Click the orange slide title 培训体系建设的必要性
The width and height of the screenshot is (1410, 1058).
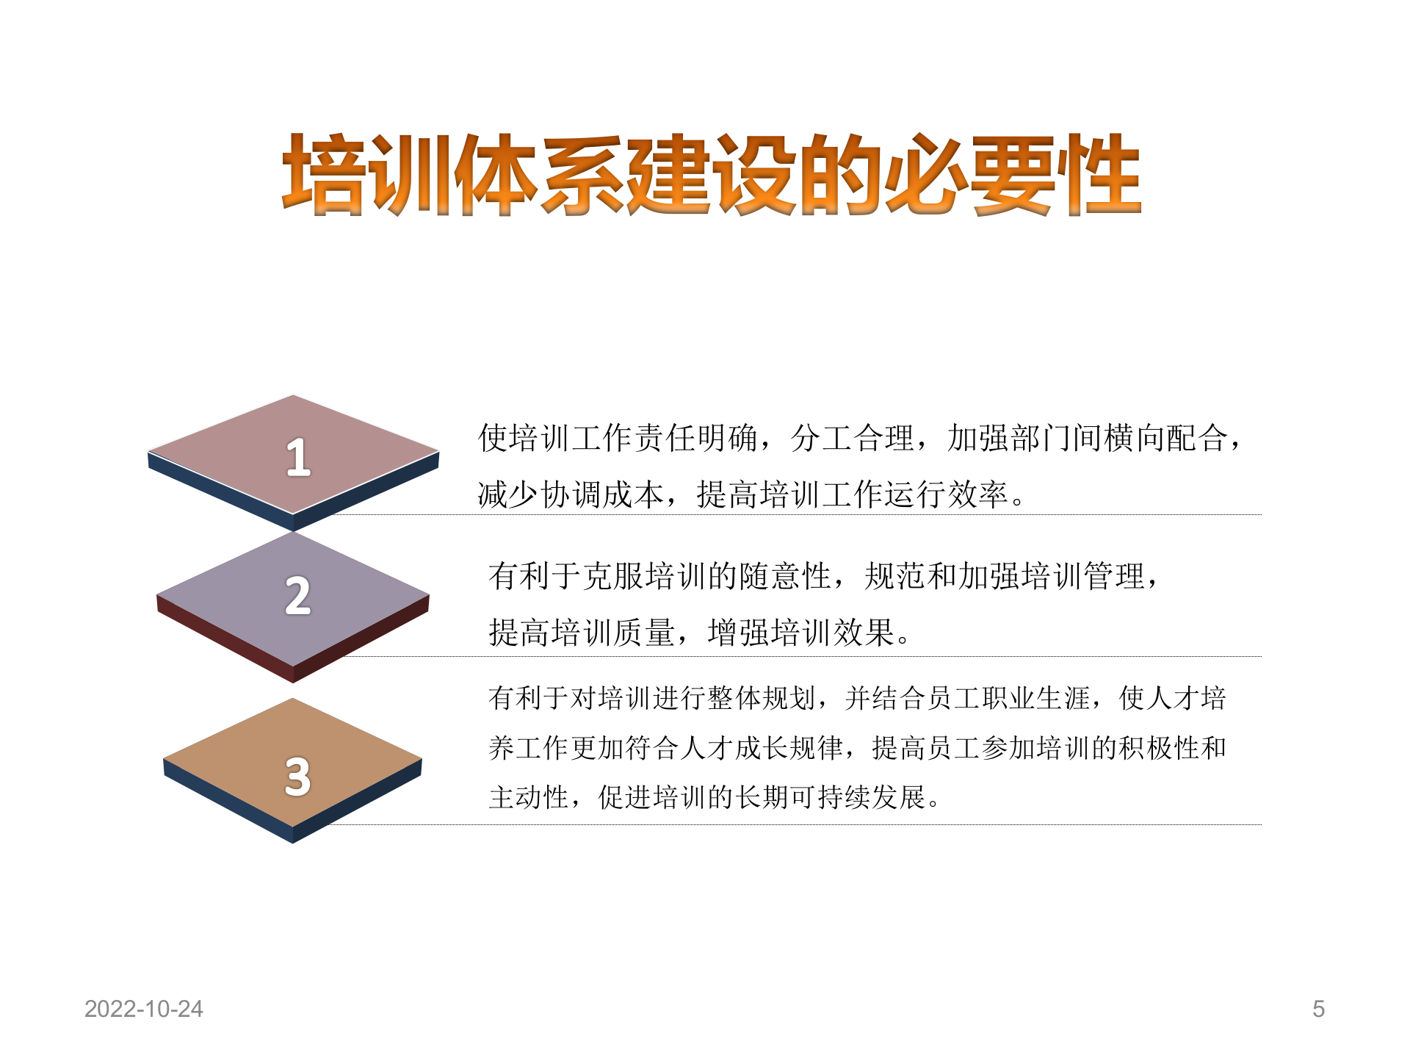[x=711, y=175]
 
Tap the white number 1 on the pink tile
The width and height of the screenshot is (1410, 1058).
[x=298, y=457]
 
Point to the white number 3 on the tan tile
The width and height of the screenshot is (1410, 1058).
[x=298, y=777]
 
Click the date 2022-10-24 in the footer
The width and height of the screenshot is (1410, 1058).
[x=144, y=1009]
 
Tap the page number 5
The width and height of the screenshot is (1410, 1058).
[x=1318, y=1009]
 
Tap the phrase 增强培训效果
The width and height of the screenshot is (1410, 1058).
[x=801, y=633]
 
